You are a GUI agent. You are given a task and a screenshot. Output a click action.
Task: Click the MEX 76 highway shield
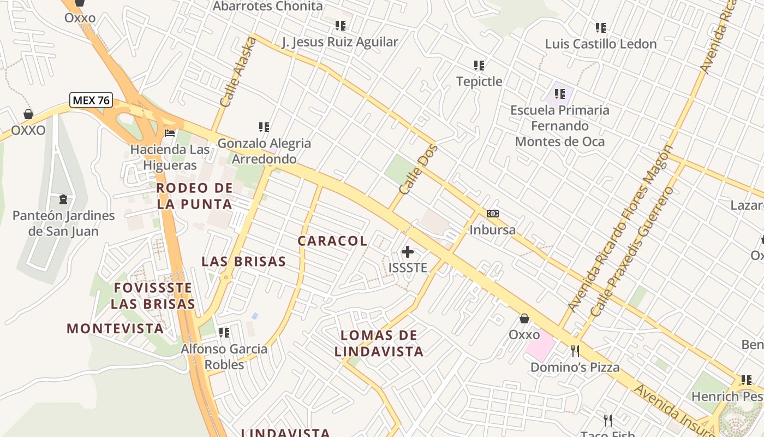[x=91, y=100]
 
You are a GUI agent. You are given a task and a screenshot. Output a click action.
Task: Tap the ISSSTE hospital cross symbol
[x=408, y=252]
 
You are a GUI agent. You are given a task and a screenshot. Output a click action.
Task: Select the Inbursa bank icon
[x=492, y=214]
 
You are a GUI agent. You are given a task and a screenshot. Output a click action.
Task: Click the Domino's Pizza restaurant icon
[x=575, y=351]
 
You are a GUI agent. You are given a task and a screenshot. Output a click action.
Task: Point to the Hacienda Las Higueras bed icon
[x=170, y=133]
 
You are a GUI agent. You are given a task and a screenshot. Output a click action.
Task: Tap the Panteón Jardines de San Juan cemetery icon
[x=63, y=199]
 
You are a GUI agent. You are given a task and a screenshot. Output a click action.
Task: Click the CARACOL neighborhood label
[x=332, y=241]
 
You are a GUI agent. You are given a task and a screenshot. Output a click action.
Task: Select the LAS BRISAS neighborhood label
[x=243, y=261]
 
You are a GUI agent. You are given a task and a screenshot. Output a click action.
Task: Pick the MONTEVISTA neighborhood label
[x=115, y=328]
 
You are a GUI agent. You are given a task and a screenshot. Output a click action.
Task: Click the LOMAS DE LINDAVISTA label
[x=379, y=343]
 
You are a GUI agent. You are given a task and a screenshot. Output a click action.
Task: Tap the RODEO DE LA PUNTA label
[x=194, y=196]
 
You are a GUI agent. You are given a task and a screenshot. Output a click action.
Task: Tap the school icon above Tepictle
[x=479, y=66]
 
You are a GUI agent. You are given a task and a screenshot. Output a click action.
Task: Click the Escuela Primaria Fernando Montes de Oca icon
[x=559, y=94]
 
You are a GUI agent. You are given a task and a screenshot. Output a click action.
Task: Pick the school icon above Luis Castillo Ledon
[x=601, y=27]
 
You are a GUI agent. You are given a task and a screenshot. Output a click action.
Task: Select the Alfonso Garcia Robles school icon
[x=224, y=332]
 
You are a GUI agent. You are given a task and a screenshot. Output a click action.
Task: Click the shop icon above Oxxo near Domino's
[x=524, y=318]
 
